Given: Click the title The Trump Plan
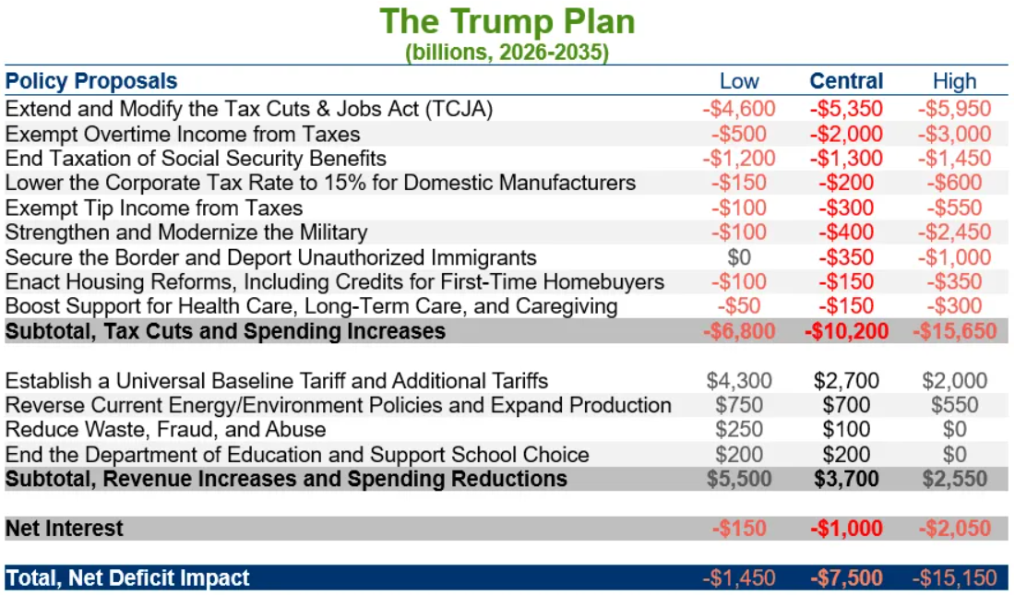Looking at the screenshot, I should point(507,21).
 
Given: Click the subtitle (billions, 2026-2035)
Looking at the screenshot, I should point(507,52).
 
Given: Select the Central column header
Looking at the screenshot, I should point(846,81).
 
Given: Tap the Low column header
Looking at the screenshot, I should point(739,81).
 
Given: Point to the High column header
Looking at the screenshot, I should point(954,81).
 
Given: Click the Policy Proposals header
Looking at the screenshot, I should point(91,81).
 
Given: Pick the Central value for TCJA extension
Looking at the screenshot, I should point(846,109).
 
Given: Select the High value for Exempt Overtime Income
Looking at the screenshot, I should point(954,134).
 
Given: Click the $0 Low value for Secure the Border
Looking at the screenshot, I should point(739,257).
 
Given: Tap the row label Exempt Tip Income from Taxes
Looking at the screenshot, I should point(154,208).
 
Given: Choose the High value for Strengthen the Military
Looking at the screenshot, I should point(954,232).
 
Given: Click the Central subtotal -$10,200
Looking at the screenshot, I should point(846,331).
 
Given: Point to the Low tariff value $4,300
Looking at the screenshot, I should point(739,380).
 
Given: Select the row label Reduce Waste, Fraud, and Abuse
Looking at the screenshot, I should point(166,430).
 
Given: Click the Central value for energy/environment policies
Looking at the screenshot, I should point(846,405).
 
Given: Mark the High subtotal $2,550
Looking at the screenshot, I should point(954,479).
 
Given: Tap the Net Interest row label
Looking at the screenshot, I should point(65,529).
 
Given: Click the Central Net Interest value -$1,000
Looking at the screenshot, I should point(846,529).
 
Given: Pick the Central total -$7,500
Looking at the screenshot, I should point(846,578).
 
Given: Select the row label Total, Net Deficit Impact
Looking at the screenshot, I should point(127,578).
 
